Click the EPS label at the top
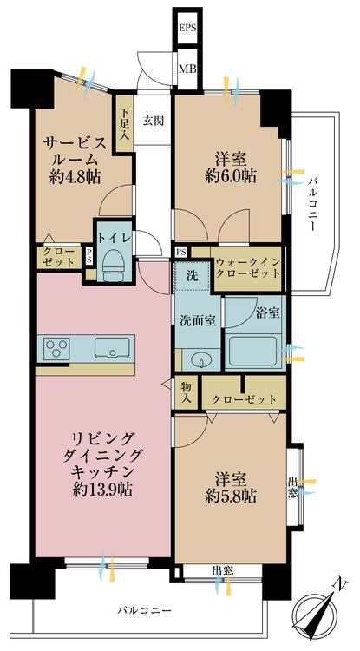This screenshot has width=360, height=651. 187,29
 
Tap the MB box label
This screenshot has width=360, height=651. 187,67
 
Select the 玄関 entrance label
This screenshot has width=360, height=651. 154,120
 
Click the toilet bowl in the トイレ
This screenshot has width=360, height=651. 114,264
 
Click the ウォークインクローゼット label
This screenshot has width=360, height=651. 246,267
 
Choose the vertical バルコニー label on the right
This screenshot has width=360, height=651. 311,201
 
